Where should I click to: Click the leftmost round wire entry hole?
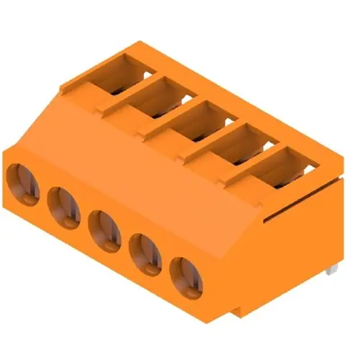(x=24, y=182)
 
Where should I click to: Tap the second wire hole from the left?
(x=64, y=204)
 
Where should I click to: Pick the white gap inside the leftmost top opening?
(x=148, y=73)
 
